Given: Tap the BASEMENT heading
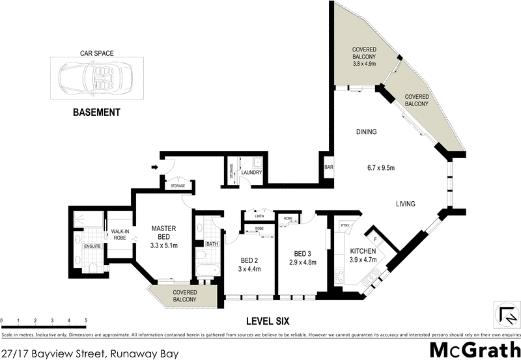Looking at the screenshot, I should pos(96,112).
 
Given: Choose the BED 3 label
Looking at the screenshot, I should pos(302,258).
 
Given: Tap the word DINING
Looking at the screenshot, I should pos(367,132).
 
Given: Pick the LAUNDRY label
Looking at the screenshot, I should pos(252,173).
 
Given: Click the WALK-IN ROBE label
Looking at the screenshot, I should pos(119,234).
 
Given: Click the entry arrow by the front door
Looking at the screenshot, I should pos(154,167).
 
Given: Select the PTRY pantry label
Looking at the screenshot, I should pos(345,225).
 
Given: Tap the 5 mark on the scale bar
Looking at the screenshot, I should pos(86,321).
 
